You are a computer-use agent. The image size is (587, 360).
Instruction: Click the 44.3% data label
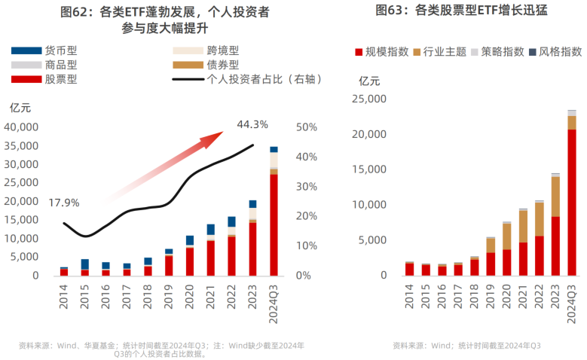coord(252,124)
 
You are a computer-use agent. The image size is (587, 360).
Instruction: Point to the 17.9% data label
coord(64,203)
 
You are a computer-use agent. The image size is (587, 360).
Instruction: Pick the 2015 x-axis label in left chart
coord(85,295)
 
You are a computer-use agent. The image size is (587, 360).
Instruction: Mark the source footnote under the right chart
coord(466,346)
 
